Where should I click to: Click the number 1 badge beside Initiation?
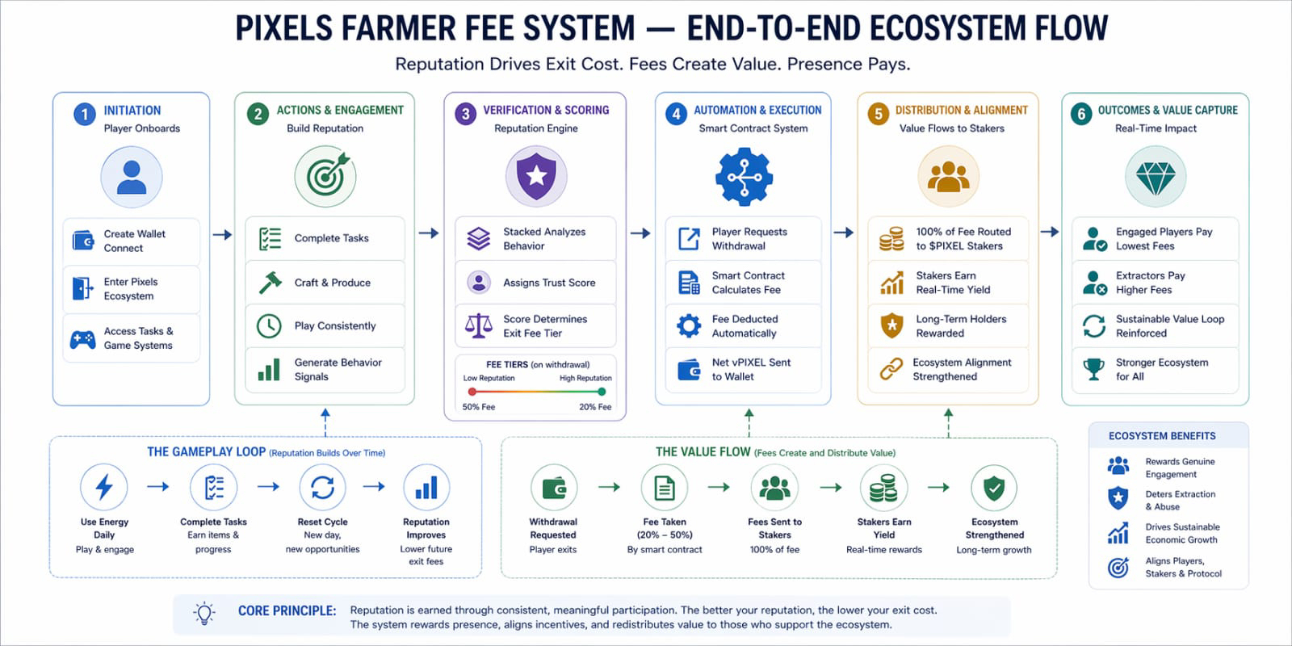point(84,114)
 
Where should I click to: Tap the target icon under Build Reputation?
point(325,177)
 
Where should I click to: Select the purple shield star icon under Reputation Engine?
point(536,176)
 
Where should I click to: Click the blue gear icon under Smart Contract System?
point(744,177)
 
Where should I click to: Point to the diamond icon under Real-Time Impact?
point(1156,177)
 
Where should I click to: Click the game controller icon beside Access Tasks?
point(82,339)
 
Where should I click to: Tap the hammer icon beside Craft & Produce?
point(270,282)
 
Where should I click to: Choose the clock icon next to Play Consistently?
point(269,325)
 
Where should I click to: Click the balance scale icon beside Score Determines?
point(479,325)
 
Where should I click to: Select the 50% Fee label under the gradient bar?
point(479,407)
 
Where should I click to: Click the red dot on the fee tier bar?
point(472,392)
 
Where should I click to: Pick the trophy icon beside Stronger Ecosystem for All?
point(1094,369)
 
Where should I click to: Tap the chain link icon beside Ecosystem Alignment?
point(891,369)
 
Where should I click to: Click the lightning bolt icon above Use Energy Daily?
point(104,487)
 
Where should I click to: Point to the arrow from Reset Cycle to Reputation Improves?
point(374,486)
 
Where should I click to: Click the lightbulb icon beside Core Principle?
point(205,613)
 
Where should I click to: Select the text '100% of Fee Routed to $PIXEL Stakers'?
point(963,238)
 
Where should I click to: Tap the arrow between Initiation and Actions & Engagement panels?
point(222,235)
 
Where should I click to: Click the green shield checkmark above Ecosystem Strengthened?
point(994,488)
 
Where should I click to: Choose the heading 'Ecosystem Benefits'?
point(1161,436)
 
